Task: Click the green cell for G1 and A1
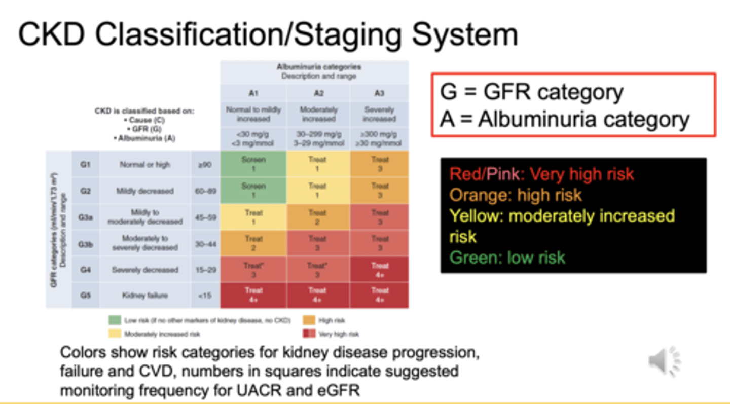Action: (x=253, y=164)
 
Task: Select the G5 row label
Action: (x=85, y=295)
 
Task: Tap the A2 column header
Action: (x=318, y=93)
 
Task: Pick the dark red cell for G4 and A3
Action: (x=379, y=270)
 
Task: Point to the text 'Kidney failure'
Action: (x=144, y=295)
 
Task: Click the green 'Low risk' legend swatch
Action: (x=115, y=320)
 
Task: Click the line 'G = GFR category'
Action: (x=532, y=92)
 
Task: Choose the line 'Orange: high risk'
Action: (x=516, y=195)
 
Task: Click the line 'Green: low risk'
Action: (x=507, y=257)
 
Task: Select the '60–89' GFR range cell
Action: (x=205, y=191)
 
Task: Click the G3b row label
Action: (x=85, y=244)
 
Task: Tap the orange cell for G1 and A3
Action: (x=379, y=164)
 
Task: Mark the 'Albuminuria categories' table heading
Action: (x=315, y=66)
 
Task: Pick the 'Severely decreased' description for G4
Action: (x=144, y=270)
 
